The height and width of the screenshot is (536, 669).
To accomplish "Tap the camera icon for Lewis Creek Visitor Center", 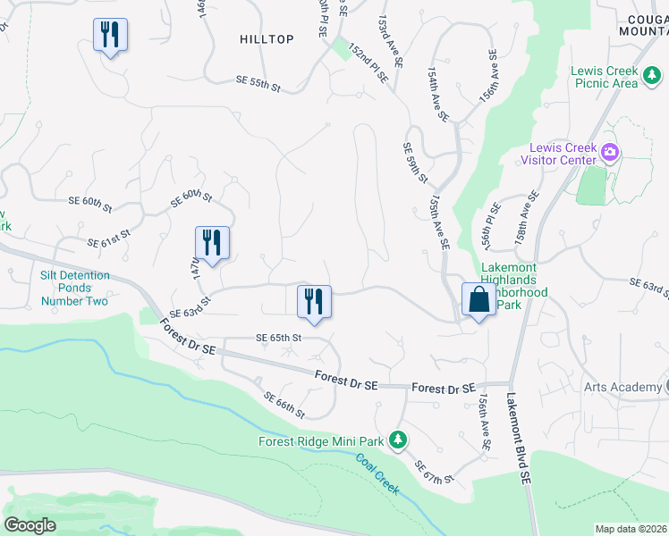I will point(611,151).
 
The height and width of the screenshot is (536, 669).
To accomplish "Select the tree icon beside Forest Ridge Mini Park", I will point(399,440).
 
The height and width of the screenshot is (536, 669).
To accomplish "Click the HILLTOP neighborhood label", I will point(267,39).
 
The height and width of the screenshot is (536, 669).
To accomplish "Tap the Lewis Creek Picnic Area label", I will point(605,77).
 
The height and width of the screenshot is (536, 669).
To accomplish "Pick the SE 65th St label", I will point(279,339).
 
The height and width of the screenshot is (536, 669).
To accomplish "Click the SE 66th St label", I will point(285,406).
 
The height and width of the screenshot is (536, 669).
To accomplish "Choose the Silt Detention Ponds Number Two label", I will point(75,288).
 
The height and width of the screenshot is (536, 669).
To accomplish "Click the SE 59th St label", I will point(415,163).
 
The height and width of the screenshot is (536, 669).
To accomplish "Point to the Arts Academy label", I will point(619,387).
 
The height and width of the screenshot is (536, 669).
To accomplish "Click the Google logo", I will point(30,525).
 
